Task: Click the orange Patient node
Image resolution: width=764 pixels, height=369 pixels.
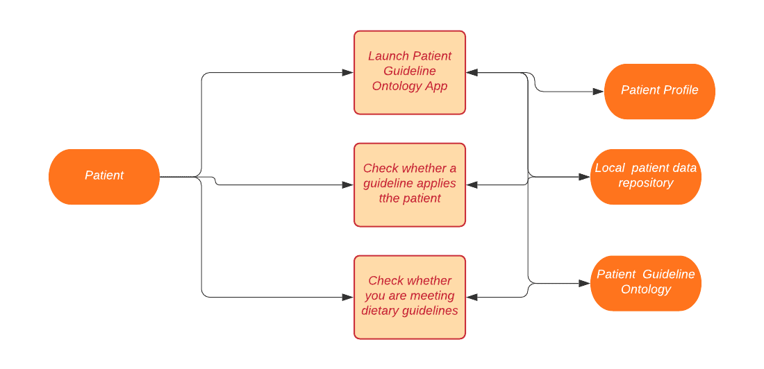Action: [x=104, y=177]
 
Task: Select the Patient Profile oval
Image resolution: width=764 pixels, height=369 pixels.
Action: [x=660, y=92]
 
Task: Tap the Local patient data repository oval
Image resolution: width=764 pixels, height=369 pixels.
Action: [x=646, y=177]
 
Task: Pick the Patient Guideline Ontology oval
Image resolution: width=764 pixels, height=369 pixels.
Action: [x=646, y=283]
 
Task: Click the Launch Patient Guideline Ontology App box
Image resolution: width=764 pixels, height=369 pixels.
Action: [x=410, y=73]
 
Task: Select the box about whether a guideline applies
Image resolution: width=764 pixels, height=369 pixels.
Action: [x=410, y=185]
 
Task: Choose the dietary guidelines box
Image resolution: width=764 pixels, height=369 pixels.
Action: [x=410, y=297]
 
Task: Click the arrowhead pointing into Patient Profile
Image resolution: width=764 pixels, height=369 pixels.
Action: [x=598, y=92]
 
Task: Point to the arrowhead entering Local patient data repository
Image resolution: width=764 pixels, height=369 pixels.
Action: [x=584, y=177]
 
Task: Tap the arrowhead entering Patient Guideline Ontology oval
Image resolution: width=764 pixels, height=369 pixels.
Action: [x=584, y=283]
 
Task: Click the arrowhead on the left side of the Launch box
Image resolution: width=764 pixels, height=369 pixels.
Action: [x=348, y=73]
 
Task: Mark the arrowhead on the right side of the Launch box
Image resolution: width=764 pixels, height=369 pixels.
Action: [x=472, y=73]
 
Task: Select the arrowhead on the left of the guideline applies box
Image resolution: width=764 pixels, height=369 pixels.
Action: [x=348, y=185]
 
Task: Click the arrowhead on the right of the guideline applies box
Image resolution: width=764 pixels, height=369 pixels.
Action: [x=472, y=185]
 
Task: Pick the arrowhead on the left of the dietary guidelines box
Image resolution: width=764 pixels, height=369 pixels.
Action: [x=348, y=297]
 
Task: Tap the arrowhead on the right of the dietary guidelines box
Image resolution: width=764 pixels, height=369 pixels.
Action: [x=472, y=297]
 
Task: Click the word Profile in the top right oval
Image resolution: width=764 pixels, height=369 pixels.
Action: [x=681, y=90]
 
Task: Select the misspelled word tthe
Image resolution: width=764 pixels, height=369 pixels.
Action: [x=388, y=198]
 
